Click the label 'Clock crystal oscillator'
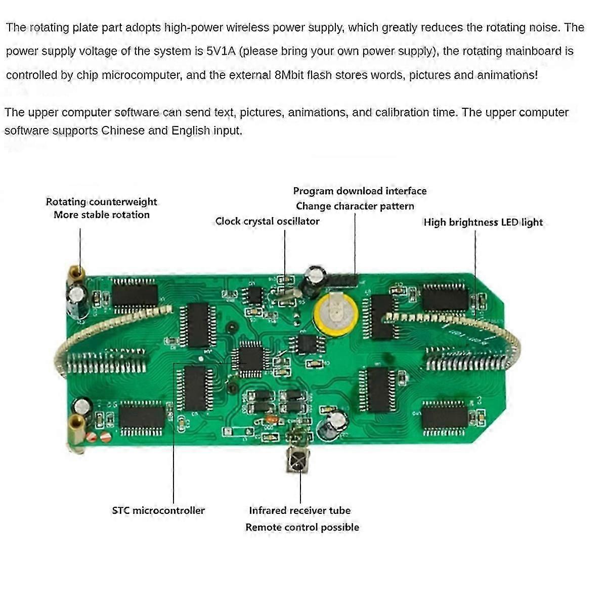pyautogui.click(x=267, y=221)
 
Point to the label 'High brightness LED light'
pyautogui.click(x=483, y=222)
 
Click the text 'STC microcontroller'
pyautogui.click(x=158, y=510)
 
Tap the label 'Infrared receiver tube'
pyautogui.click(x=299, y=510)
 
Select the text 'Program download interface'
pyautogui.click(x=360, y=191)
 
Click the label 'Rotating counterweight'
pyautogui.click(x=101, y=201)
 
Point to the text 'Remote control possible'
pyautogui.click(x=302, y=527)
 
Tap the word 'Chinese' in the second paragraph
pyautogui.click(x=123, y=131)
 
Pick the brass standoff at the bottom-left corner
pyautogui.click(x=77, y=427)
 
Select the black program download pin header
pyautogui.click(x=344, y=280)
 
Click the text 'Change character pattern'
pyautogui.click(x=355, y=206)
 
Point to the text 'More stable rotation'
pyautogui.click(x=101, y=214)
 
